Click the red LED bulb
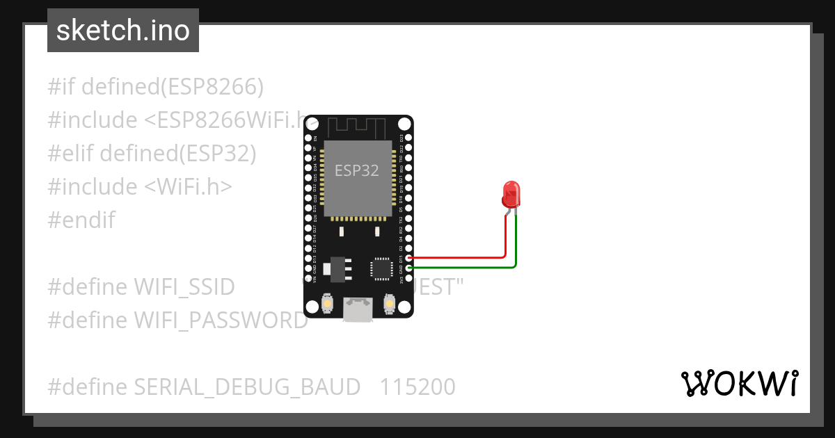pos(511,195)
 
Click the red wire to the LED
pos(459,257)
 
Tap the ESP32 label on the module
pos(357,170)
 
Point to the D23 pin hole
pos(408,138)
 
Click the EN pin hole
pos(308,138)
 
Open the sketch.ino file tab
pos(123,31)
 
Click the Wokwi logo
pos(739,384)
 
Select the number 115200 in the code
pos(417,387)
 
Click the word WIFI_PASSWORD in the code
pos(221,320)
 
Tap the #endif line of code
pos(81,220)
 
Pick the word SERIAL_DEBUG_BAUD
pos(247,387)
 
